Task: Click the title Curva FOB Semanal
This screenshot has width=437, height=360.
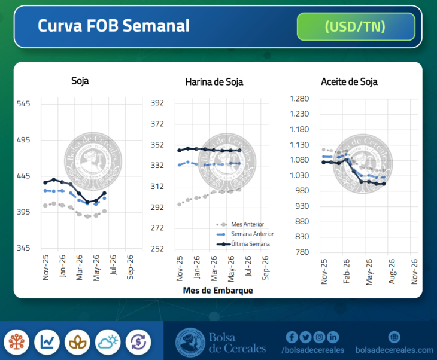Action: [114, 26]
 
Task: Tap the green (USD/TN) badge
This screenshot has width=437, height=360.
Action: [356, 27]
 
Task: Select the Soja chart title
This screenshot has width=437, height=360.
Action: [80, 81]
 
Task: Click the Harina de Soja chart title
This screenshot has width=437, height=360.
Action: [214, 82]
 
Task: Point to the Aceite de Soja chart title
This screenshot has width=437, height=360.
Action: [349, 82]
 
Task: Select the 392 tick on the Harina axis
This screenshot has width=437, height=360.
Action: [157, 103]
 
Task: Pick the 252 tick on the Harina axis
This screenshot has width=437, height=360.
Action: [157, 248]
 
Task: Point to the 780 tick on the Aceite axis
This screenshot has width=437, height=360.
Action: [302, 252]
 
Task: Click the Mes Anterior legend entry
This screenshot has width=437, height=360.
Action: [247, 224]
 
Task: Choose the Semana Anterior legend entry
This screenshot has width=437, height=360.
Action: [252, 234]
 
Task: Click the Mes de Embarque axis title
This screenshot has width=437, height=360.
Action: [217, 291]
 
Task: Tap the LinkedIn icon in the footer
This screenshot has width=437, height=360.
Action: [333, 337]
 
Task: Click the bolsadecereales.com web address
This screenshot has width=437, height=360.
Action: [394, 350]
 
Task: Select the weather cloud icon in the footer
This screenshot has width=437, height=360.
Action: [108, 342]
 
